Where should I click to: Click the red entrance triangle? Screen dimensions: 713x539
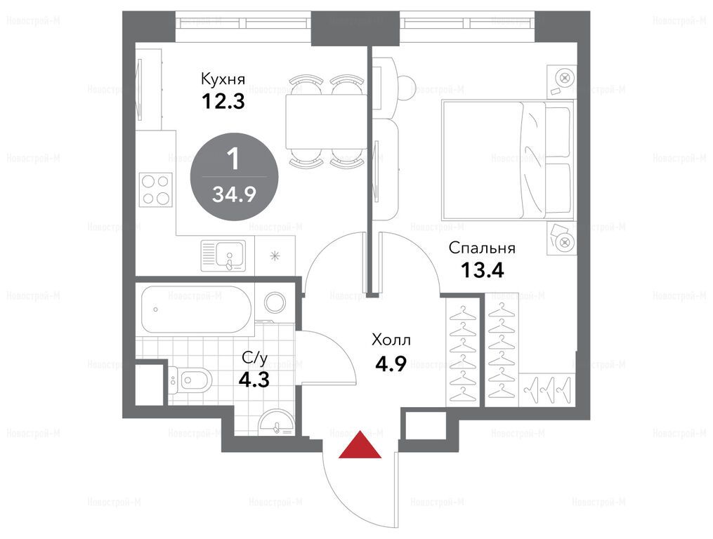click(x=360, y=445)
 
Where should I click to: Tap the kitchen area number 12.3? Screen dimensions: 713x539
click(x=223, y=101)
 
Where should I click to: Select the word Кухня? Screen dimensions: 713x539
click(x=223, y=79)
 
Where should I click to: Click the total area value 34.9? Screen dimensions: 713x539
click(x=234, y=194)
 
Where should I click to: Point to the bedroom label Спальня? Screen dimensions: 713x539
click(x=482, y=248)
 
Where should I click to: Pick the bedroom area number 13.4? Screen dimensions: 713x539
click(x=483, y=270)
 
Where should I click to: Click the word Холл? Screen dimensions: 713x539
click(x=391, y=340)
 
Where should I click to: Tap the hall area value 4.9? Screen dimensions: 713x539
click(x=391, y=364)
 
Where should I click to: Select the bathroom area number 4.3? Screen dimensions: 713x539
click(x=254, y=379)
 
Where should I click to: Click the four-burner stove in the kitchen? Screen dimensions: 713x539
click(x=156, y=189)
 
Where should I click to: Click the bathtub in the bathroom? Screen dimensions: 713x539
click(x=196, y=310)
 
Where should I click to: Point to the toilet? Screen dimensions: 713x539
click(x=190, y=378)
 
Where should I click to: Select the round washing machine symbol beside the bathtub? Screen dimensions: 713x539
click(x=275, y=302)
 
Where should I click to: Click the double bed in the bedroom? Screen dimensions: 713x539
click(x=506, y=161)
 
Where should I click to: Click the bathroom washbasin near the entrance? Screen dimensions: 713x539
click(x=277, y=421)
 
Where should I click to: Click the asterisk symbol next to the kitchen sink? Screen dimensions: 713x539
click(x=275, y=256)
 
